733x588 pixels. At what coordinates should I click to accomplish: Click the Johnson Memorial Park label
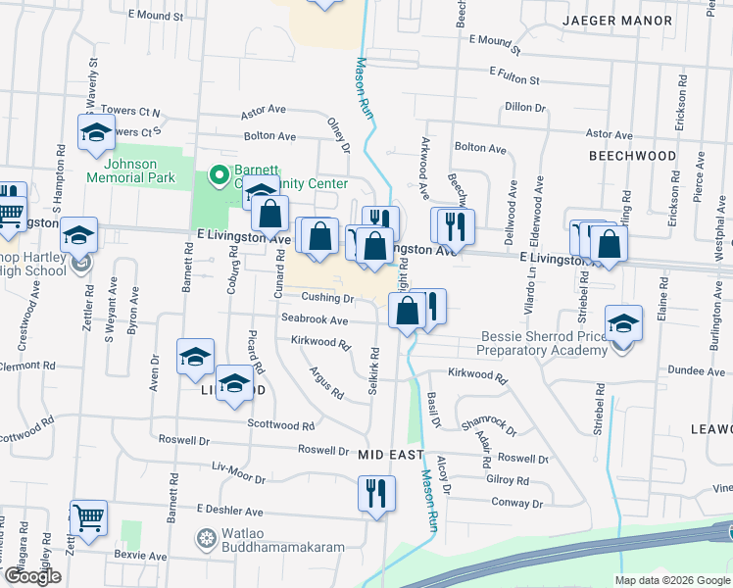coord(130,171)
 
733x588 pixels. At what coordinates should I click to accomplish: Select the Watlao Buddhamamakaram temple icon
coord(206,538)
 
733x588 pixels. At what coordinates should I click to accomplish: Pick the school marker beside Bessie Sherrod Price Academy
coord(623,322)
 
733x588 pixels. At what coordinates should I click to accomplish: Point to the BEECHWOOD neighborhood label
coord(632,156)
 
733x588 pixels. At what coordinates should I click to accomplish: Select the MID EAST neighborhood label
coord(390,456)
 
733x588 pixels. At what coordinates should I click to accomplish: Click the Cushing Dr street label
coord(327,298)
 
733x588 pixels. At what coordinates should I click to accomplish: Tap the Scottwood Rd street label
coord(280,426)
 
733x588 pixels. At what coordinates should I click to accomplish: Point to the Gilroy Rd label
coord(508,481)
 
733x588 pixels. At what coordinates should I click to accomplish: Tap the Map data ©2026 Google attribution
coord(671,580)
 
